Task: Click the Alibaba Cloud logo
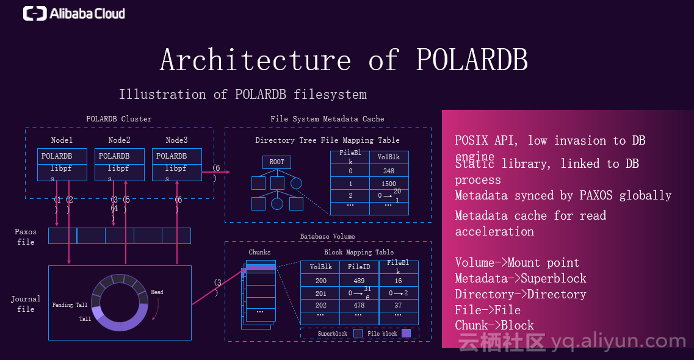[74, 13]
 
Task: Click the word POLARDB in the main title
[471, 60]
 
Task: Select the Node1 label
[62, 140]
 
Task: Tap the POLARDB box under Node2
[114, 156]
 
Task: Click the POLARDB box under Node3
[172, 156]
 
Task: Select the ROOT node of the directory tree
[277, 162]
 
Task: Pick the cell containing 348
[389, 171]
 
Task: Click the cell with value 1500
[389, 184]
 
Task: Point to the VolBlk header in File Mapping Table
[389, 157]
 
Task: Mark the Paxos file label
[26, 237]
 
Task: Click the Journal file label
[26, 304]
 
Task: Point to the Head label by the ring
[157, 292]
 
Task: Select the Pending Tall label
[70, 305]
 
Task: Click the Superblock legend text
[333, 334]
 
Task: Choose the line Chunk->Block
[494, 325]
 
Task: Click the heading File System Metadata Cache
[327, 119]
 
